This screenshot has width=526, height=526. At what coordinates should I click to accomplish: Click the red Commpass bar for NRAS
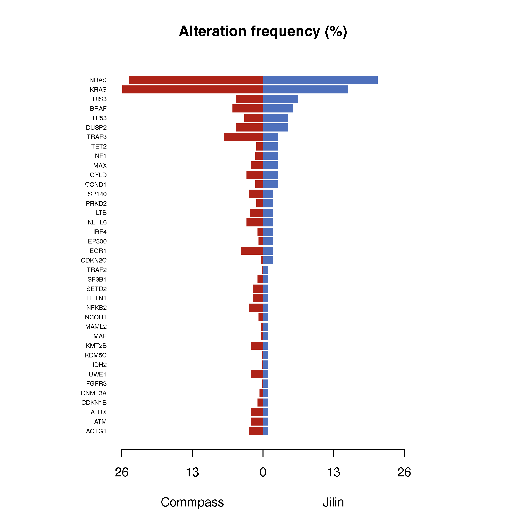coord(196,80)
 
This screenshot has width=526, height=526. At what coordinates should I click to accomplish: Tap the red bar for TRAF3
coord(243,137)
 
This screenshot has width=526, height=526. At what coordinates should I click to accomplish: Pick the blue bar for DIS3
coord(281,99)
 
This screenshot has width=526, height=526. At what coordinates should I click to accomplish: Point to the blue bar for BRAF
coord(278,108)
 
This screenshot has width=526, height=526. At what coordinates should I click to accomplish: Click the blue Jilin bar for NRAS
coord(320,80)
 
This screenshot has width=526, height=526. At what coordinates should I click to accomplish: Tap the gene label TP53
coord(99,118)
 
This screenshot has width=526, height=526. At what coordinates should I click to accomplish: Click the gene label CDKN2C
coord(93,260)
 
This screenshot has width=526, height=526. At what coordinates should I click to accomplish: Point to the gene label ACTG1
coord(96,431)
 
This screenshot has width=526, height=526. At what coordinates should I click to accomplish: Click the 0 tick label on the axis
coord(263,472)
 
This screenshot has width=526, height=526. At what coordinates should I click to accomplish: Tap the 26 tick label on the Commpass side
coord(121,472)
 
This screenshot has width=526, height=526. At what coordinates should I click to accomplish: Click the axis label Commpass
coord(192,502)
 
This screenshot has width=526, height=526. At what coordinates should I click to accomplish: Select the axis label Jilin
coord(333,502)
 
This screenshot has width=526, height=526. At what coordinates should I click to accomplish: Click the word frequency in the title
coord(285,31)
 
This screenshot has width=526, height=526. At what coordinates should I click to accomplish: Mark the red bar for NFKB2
coord(256,308)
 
